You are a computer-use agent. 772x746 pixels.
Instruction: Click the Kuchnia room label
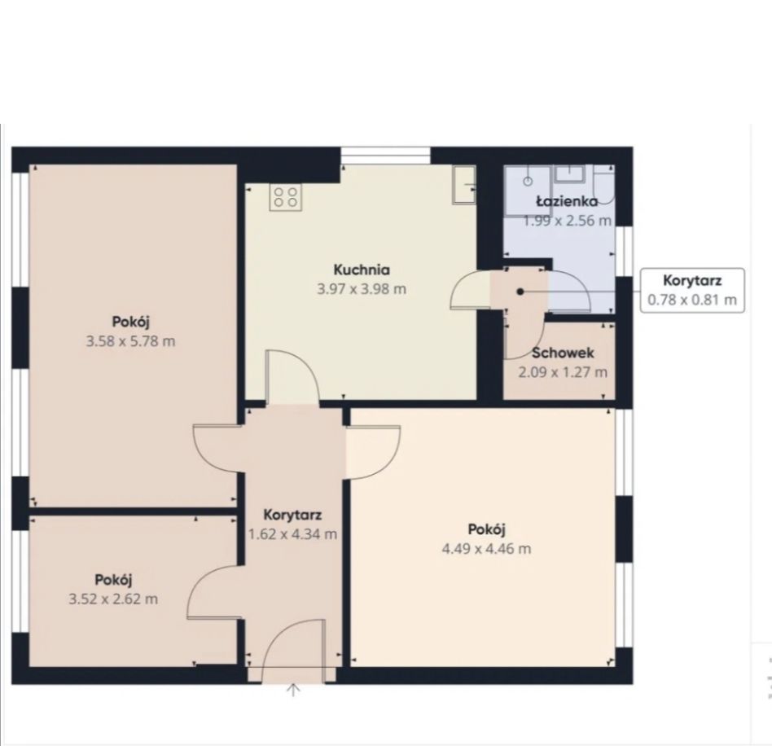(362, 270)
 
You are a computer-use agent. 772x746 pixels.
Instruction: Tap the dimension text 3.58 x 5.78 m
(130, 340)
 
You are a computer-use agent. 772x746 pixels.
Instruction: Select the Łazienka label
(567, 201)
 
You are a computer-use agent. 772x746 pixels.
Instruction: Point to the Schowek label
(563, 353)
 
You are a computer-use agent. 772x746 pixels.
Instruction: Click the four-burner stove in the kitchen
(286, 197)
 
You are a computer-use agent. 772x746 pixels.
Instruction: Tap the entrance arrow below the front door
(293, 690)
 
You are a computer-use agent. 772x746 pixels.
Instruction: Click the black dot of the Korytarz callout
(520, 292)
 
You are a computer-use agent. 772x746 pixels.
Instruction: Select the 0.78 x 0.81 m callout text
(691, 300)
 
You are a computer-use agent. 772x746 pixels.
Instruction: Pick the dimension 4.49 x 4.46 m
(486, 549)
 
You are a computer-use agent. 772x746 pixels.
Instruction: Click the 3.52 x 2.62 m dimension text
(113, 599)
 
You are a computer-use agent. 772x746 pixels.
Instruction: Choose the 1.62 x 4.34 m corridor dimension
(292, 533)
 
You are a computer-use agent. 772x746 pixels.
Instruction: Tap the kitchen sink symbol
(464, 184)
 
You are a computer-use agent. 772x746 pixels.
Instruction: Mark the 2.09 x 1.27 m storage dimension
(563, 371)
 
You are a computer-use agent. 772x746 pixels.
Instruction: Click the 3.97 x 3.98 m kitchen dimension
(362, 288)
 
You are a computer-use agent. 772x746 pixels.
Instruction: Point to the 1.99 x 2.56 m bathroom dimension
(567, 220)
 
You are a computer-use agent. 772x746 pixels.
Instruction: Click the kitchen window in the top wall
(386, 156)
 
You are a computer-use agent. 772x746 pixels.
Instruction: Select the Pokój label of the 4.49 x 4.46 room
(486, 529)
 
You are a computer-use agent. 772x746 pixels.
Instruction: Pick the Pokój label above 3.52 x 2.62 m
(113, 580)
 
